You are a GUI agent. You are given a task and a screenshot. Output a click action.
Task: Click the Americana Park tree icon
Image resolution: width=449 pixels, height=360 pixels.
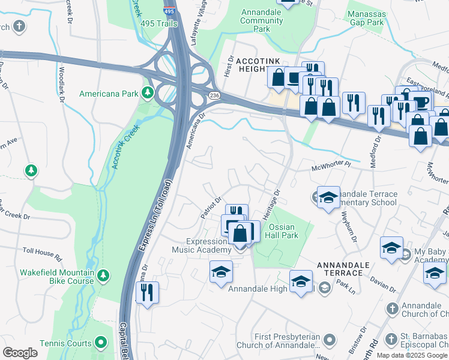(x=146, y=93)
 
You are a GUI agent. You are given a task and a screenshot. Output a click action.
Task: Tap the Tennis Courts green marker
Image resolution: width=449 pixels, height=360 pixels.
(x=101, y=343)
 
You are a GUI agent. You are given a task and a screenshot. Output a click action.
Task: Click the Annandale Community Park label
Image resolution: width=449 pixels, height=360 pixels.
(x=262, y=20)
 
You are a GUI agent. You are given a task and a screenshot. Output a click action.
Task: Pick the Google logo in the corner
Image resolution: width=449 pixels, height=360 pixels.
(x=20, y=352)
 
